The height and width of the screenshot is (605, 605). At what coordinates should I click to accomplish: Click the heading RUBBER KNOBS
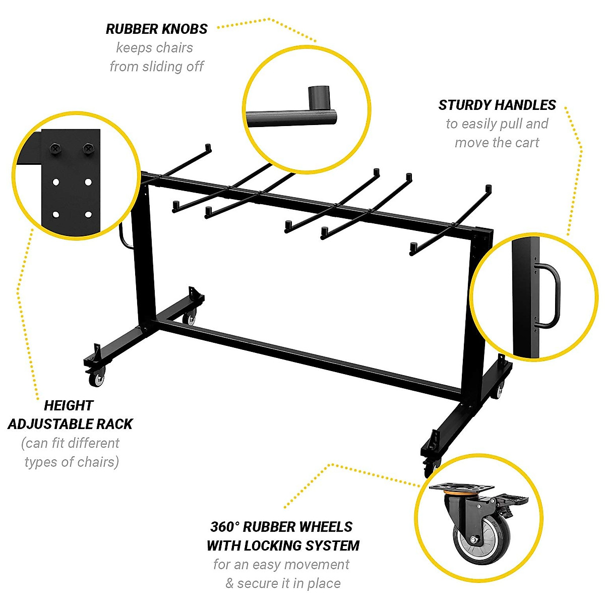156,29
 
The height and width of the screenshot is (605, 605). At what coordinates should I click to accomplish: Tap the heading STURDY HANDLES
497,105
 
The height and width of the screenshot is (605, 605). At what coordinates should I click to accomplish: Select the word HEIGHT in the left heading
69,406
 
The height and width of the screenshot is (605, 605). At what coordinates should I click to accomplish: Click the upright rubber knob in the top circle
319,96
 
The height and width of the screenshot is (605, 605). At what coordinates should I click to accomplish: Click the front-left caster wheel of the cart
96,379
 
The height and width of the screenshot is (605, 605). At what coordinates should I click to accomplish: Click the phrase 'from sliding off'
157,67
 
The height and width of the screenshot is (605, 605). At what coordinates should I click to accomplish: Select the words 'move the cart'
497,143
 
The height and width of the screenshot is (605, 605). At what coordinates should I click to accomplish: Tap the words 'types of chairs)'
72,462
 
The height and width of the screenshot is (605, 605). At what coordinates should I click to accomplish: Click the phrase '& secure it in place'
283,583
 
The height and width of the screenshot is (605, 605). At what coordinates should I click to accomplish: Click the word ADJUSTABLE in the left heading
70,425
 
